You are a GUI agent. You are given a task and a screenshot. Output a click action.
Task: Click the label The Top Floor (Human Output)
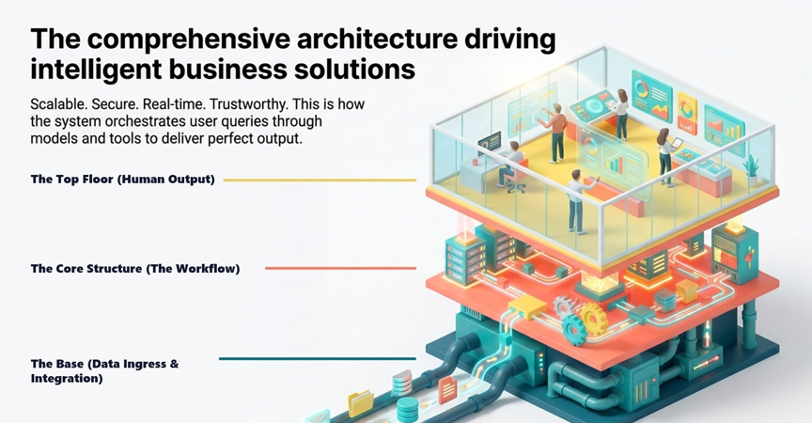123,180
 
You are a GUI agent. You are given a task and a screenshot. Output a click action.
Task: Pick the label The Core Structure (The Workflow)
135,268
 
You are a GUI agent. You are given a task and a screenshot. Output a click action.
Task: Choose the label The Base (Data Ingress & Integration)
104,370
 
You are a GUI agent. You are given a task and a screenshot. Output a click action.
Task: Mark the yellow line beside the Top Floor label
320,180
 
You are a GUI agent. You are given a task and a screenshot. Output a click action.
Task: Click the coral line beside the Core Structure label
340,268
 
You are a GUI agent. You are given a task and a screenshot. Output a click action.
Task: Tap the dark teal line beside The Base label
317,358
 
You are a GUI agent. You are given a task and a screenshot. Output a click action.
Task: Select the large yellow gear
593,318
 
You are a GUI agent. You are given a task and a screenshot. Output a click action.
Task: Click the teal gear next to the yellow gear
574,330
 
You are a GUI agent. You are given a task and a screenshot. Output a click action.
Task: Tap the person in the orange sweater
554,133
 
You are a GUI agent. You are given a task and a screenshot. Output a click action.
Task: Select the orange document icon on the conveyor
447,389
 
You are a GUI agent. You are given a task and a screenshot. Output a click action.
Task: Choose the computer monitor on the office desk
490,142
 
